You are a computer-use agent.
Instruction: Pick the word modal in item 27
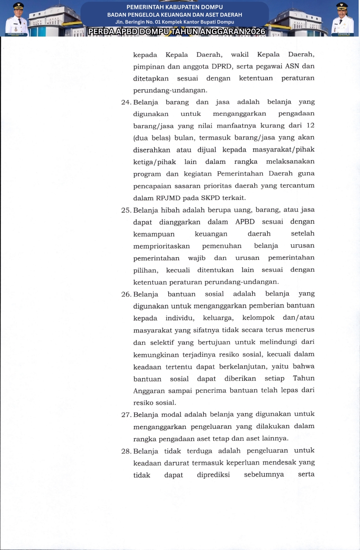pyautogui.click(x=171, y=415)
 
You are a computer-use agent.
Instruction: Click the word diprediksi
pyautogui.click(x=213, y=475)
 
